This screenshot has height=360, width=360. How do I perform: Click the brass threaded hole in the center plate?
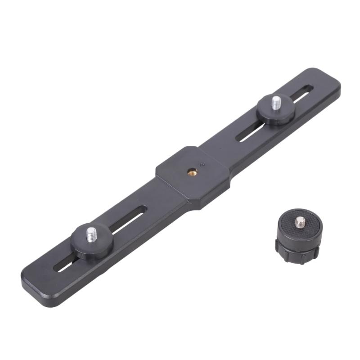point(189,171)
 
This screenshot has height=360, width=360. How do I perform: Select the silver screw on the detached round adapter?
point(298,221)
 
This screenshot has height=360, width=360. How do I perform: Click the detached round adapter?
point(299,236)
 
